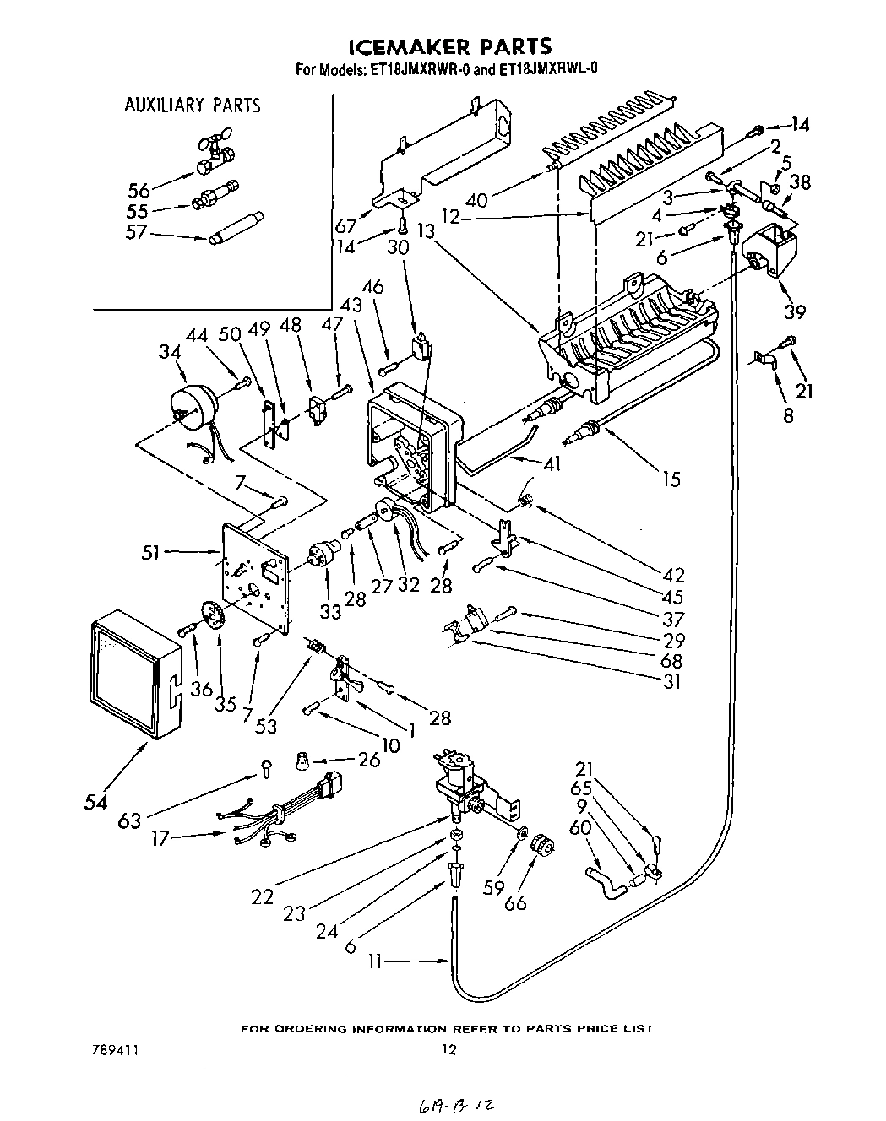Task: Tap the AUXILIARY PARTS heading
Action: (x=193, y=106)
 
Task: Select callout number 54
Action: (x=95, y=801)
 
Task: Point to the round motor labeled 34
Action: (x=190, y=411)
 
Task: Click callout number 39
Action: (x=793, y=311)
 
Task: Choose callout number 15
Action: (x=671, y=479)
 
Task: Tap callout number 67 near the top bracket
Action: (x=345, y=226)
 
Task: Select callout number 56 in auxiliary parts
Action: (x=139, y=190)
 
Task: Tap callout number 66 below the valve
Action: (x=515, y=902)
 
